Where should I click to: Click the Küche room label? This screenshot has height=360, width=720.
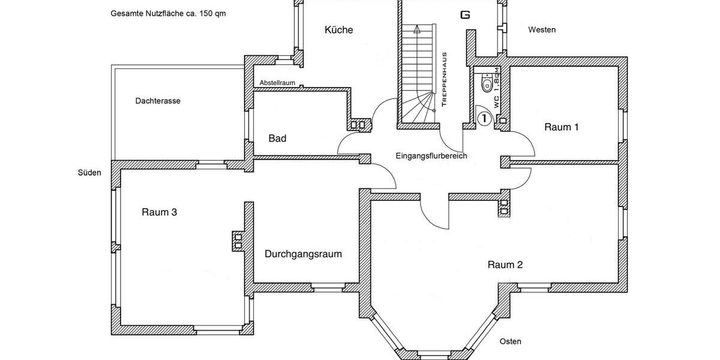tap(338, 30)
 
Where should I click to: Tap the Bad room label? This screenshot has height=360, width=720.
tap(277, 139)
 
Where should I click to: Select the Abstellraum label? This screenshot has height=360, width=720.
tap(277, 83)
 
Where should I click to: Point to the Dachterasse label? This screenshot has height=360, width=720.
tap(158, 101)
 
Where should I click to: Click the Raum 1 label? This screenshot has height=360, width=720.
tap(562, 127)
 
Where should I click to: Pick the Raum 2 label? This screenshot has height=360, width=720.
tap(505, 265)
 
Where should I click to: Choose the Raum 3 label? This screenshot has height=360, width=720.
tap(159, 212)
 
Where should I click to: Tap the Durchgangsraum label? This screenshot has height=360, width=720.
tap(303, 254)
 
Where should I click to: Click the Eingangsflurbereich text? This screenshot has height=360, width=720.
tap(431, 156)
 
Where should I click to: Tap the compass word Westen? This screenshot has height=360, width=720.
tap(542, 29)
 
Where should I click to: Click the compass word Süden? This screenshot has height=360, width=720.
tap(89, 173)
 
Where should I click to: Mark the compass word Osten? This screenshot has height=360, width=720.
tap(511, 341)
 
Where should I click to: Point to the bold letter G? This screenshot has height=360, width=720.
tap(464, 15)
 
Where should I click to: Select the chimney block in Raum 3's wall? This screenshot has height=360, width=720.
tap(238, 241)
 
